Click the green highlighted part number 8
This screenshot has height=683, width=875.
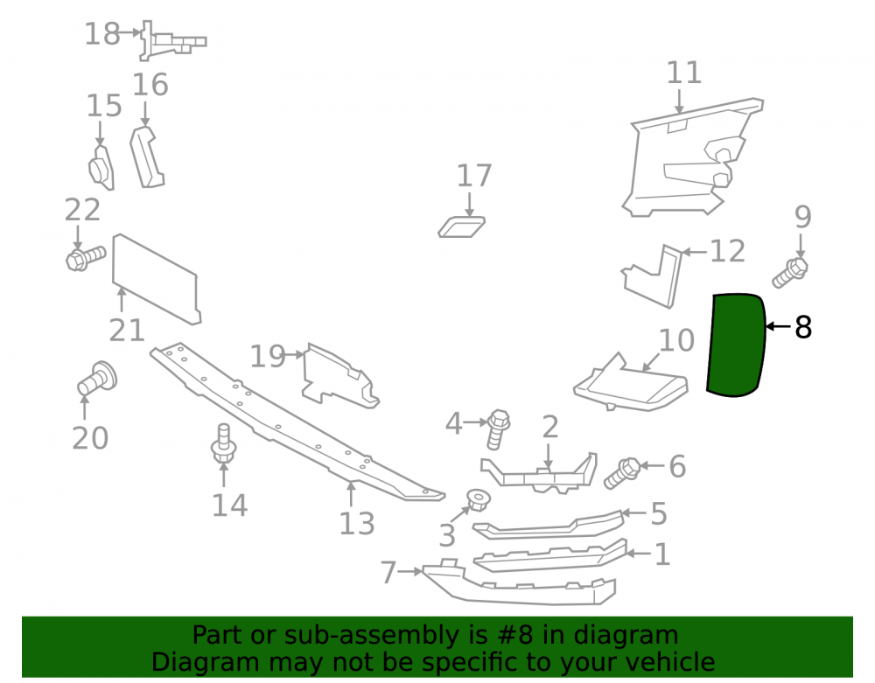pos(736,345)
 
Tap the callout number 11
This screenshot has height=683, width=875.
pos(683,73)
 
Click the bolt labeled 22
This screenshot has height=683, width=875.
pos(86,258)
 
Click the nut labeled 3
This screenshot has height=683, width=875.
pos(477,499)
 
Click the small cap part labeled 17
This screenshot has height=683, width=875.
pos(461,227)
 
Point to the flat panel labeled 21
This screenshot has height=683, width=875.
pos(156,279)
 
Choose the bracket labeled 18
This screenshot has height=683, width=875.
pos(171,41)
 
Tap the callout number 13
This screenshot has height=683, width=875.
pos(357,524)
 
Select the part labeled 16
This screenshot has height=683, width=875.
pos(147,157)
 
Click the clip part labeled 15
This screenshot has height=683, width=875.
pos(101,167)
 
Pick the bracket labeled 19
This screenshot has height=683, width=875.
pos(339,376)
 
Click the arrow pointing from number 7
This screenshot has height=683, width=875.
pos(410,571)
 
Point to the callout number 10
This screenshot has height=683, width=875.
pos(676,340)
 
